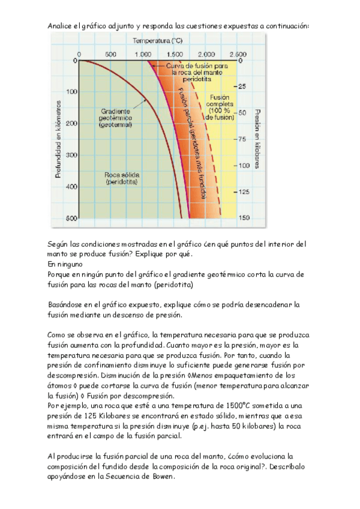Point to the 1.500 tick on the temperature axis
(176, 54)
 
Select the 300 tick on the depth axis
(71, 155)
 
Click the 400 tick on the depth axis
(71, 187)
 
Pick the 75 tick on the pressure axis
(241, 139)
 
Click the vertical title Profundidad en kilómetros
(58, 138)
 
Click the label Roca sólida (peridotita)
(121, 177)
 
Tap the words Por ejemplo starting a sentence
(68, 406)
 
